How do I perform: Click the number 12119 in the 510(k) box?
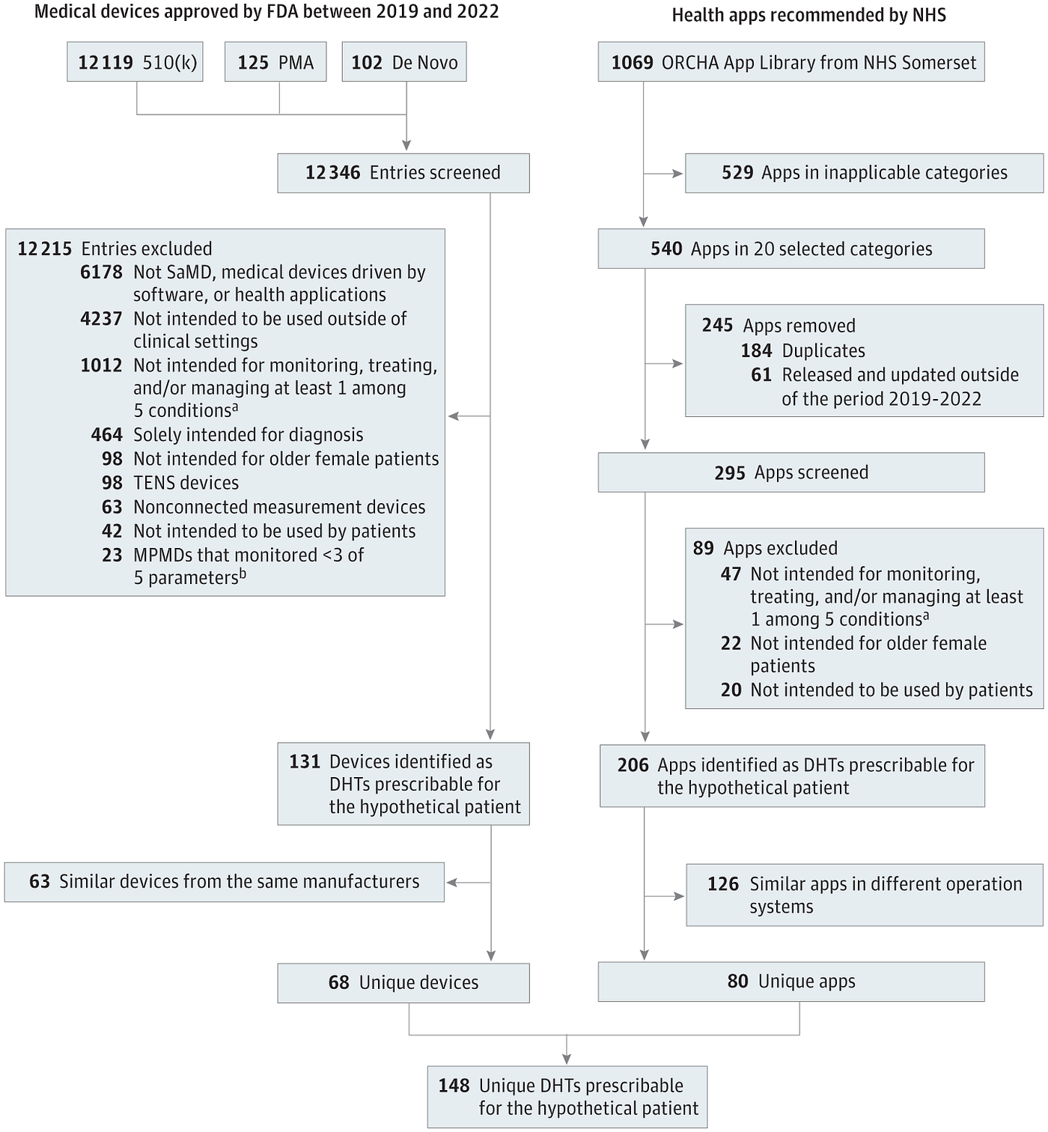click(106, 62)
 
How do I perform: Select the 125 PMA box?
click(275, 61)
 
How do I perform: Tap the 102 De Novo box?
click(404, 61)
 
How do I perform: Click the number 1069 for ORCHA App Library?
click(633, 62)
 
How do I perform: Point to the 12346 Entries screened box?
click(403, 173)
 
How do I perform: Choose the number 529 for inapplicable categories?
click(737, 173)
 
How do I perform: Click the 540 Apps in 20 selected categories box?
click(791, 249)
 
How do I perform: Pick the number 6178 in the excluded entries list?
click(102, 272)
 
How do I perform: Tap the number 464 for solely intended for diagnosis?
click(106, 435)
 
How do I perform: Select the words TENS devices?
click(186, 483)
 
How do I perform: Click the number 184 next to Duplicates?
click(757, 350)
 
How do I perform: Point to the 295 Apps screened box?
click(791, 472)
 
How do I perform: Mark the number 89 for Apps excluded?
click(704, 548)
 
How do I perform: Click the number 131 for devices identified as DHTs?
click(305, 761)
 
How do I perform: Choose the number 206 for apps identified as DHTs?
click(633, 765)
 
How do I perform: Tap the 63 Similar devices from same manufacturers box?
click(224, 882)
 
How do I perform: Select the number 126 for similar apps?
click(723, 884)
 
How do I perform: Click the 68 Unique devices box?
click(403, 983)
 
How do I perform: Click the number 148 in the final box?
click(454, 1086)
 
